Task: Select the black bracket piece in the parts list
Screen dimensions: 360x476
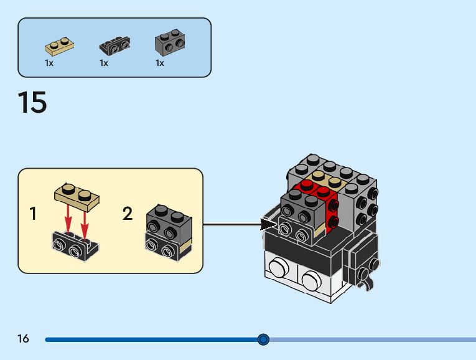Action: point(114,46)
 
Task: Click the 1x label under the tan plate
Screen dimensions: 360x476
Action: point(49,63)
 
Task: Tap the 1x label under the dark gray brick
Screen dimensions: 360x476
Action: point(160,63)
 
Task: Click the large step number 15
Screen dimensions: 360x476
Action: point(32,103)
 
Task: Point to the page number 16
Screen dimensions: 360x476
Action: point(24,339)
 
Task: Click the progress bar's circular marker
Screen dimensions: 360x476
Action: point(263,339)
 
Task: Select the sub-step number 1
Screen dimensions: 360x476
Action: point(33,214)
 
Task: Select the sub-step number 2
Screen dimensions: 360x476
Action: point(128,214)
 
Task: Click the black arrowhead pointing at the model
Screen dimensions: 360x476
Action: point(267,224)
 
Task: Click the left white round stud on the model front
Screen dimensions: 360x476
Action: point(278,269)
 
